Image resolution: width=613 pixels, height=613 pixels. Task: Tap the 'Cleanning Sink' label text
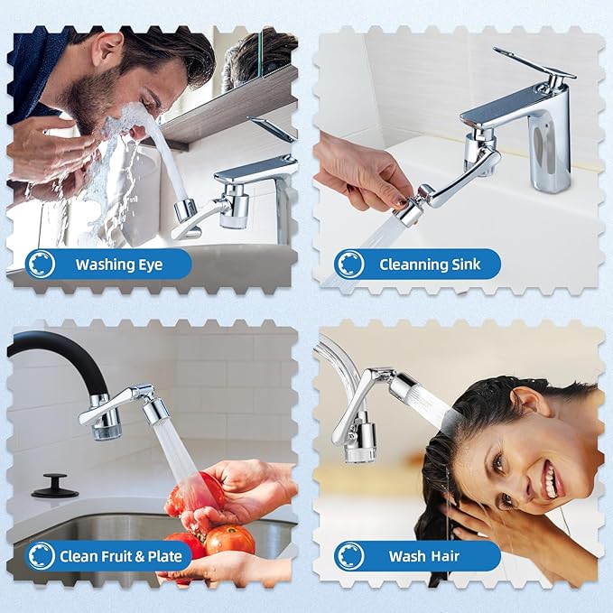click(429, 265)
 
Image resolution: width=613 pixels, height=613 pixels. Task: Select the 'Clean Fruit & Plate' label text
click(116, 556)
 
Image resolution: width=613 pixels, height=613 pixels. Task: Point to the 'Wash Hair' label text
click(420, 556)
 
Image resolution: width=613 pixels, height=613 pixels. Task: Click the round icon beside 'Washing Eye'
click(41, 265)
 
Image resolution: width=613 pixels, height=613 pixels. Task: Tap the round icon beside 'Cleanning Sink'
click(349, 265)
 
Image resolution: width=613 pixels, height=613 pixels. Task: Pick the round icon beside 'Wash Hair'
click(349, 556)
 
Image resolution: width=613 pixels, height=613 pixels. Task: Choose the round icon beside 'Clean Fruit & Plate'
click(41, 556)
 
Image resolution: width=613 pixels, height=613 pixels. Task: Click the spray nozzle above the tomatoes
click(156, 411)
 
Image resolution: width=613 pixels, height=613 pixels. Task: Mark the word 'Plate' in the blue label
click(164, 556)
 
